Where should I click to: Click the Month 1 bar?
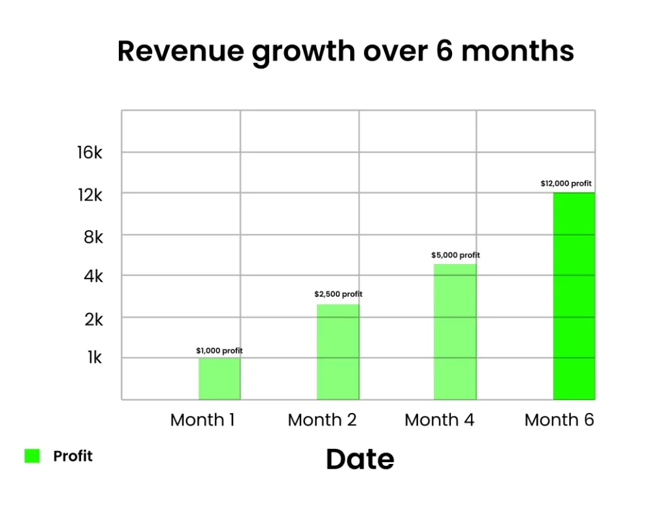(x=220, y=379)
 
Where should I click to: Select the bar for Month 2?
(x=338, y=352)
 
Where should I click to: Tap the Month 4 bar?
(x=455, y=332)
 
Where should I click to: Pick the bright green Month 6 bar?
(x=574, y=296)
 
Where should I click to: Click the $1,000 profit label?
(x=220, y=351)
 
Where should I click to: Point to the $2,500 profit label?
(x=338, y=294)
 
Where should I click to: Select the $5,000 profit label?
(x=455, y=256)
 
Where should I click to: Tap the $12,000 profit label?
(x=566, y=184)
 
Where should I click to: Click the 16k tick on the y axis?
(x=90, y=152)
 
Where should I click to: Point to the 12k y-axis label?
(x=90, y=195)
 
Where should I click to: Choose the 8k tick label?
(x=93, y=237)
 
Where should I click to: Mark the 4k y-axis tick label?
(x=93, y=276)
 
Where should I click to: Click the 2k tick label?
(x=94, y=320)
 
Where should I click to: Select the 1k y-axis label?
(x=95, y=357)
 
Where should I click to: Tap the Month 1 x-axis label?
(x=203, y=420)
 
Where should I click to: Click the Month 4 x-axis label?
(x=440, y=420)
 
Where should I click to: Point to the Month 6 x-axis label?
(x=559, y=420)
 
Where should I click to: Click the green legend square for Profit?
(x=32, y=455)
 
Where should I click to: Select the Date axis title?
(x=360, y=459)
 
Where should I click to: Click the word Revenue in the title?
(x=180, y=51)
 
